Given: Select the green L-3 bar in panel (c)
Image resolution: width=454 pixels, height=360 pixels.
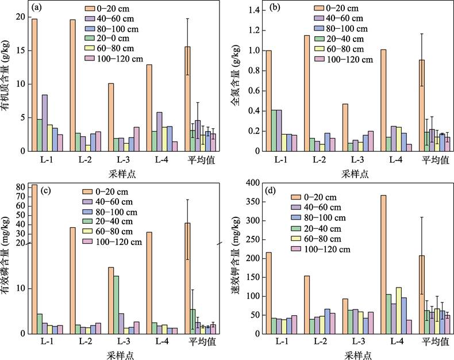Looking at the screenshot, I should point(116,305).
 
